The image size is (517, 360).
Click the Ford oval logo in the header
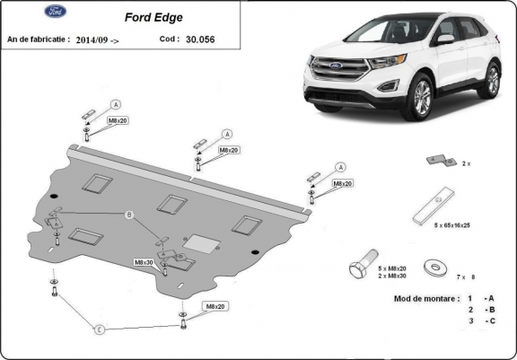coord(30,13)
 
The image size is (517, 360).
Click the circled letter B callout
coord(128,215)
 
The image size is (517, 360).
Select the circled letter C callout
coord(100,329)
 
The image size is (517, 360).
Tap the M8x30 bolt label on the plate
coord(145,262)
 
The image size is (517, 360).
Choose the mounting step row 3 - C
coord(477,320)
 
